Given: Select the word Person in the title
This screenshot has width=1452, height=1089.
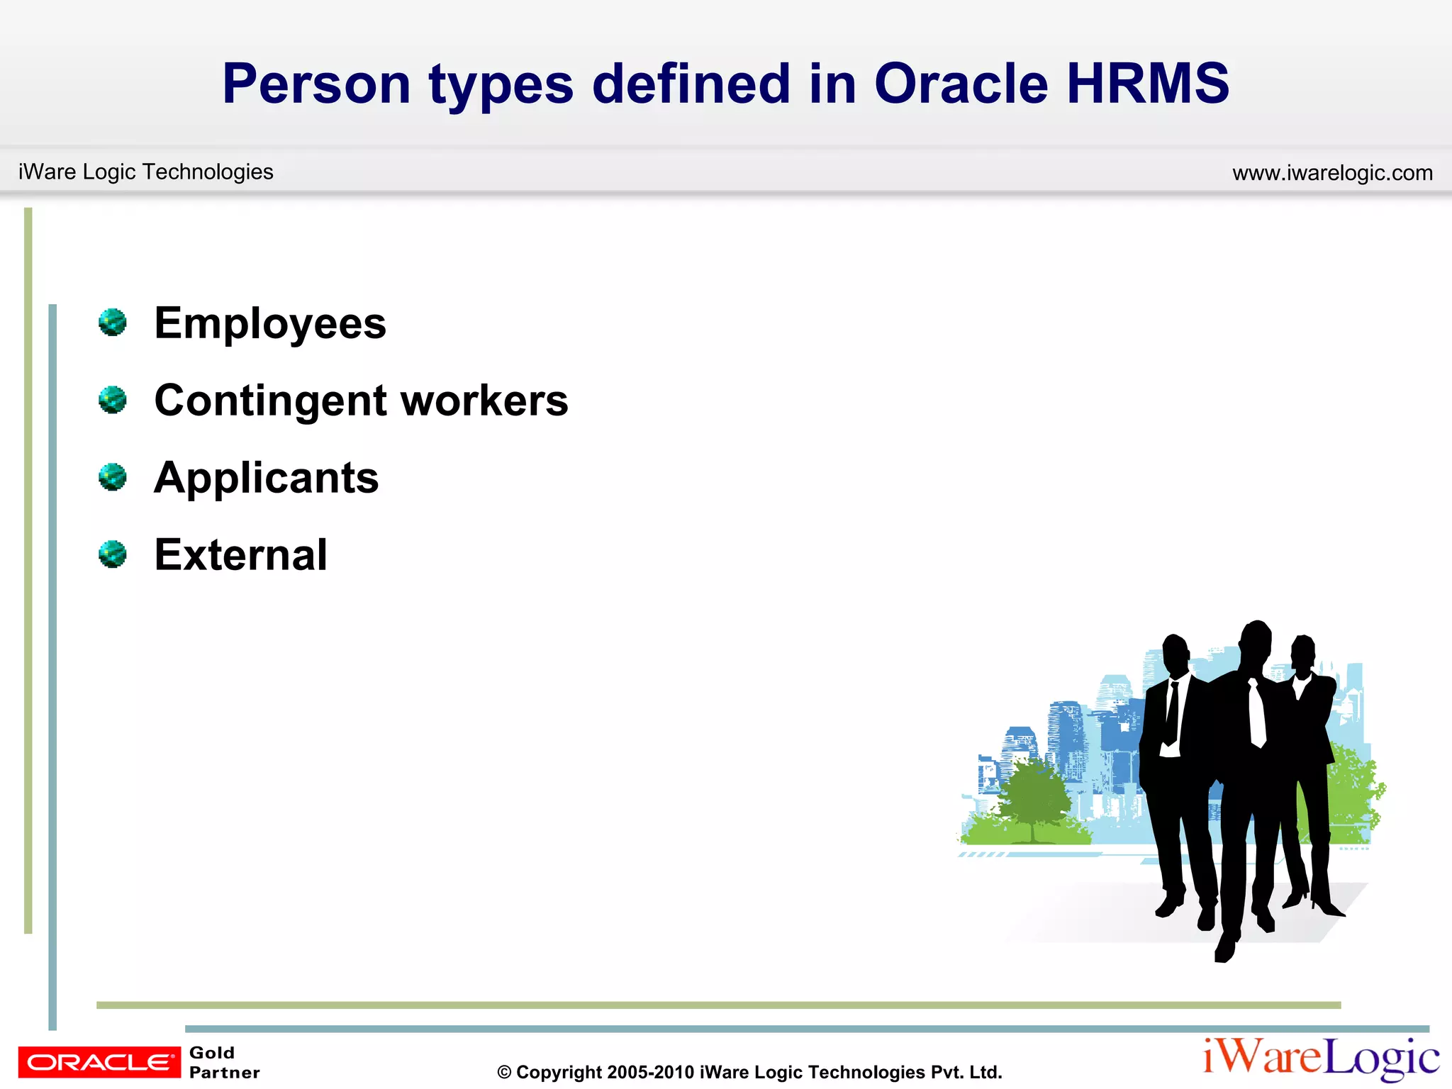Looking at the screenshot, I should click(x=316, y=84).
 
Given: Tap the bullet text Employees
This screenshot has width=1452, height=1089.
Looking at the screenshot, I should click(x=270, y=324).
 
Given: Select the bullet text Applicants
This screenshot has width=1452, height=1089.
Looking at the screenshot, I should click(x=267, y=478).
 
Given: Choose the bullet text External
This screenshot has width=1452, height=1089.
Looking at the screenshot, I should click(x=241, y=554).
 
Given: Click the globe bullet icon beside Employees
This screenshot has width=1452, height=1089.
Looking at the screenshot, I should click(x=113, y=323).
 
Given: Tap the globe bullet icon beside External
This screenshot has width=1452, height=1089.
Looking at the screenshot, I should click(x=113, y=554).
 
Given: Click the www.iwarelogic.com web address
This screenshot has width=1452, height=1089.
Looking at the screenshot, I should click(x=1332, y=172).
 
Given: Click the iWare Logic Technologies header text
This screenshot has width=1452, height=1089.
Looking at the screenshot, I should click(x=145, y=172).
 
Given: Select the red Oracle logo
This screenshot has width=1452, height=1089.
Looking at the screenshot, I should click(x=99, y=1062).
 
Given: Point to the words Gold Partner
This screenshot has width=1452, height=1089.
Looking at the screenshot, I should click(x=224, y=1062).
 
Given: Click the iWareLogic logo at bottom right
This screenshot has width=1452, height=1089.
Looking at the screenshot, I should click(x=1320, y=1058).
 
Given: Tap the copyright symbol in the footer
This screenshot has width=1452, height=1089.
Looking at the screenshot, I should click(x=504, y=1073).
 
